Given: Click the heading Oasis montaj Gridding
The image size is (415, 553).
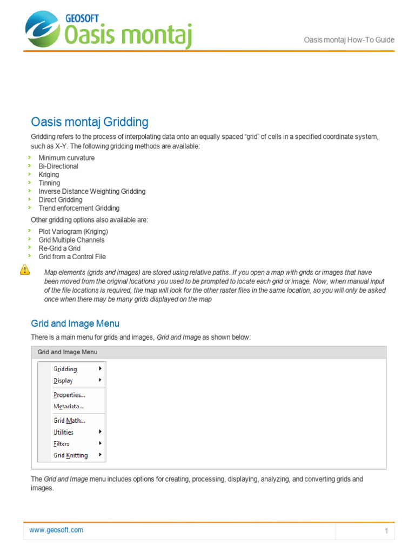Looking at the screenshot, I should tap(89, 122).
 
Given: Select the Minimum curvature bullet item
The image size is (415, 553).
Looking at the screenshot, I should tap(66, 158).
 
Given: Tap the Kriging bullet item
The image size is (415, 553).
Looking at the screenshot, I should tap(49, 174).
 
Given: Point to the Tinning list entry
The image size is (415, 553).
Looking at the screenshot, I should tap(49, 183).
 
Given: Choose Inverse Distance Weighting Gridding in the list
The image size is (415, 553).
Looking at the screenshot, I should tap(92, 191).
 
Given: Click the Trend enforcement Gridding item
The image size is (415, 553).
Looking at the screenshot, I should tap(79, 208).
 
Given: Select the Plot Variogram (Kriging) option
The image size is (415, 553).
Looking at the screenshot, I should tap(73, 231).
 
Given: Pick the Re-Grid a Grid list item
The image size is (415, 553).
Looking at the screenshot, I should tap(59, 248).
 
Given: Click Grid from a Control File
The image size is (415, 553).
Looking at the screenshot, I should tap(72, 257).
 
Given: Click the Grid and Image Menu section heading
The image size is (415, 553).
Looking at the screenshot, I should tap(75, 323).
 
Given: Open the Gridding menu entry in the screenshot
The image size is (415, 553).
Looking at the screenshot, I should tap(65, 369).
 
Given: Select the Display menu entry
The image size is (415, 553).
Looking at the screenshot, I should tap(63, 381).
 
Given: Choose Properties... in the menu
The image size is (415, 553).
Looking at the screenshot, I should tap(69, 395).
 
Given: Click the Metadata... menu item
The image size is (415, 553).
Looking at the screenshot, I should tap(69, 406).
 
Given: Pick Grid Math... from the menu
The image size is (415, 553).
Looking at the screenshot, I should tap(69, 420).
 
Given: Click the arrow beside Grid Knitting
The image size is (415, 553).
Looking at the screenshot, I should tap(101, 455).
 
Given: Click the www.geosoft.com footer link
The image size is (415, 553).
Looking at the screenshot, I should tap(56, 530).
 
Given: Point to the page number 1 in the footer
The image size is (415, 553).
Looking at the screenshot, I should tap(386, 531).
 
